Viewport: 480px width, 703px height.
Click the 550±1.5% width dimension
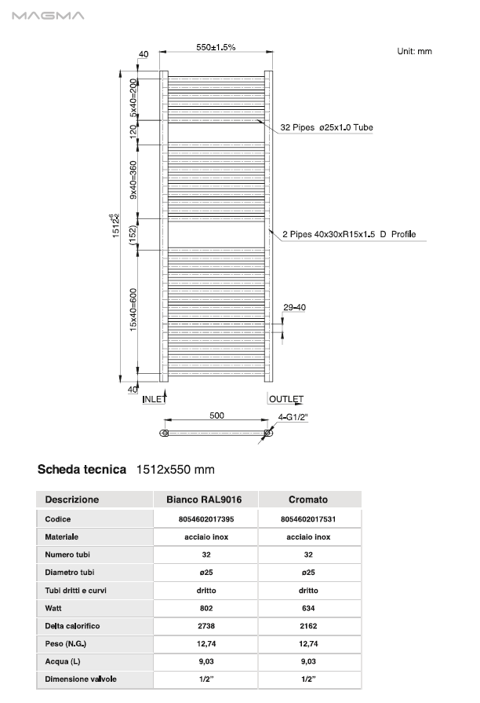click(x=216, y=48)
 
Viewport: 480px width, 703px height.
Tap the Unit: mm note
click(x=415, y=51)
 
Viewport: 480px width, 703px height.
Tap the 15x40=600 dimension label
click(x=134, y=309)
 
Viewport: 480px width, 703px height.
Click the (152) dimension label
click(x=134, y=234)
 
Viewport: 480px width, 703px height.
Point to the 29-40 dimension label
click(x=294, y=307)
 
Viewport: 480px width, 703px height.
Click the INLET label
click(x=154, y=400)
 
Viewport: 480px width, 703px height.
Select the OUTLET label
click(x=285, y=400)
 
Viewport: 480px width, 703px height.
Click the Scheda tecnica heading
click(x=82, y=470)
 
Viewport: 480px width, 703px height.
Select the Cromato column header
click(x=308, y=500)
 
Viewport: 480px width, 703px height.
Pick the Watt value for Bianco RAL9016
click(x=207, y=608)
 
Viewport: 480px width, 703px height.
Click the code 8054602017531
click(x=308, y=519)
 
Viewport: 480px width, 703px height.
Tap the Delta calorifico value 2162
click(x=308, y=626)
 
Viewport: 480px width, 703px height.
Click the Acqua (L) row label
click(x=63, y=661)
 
